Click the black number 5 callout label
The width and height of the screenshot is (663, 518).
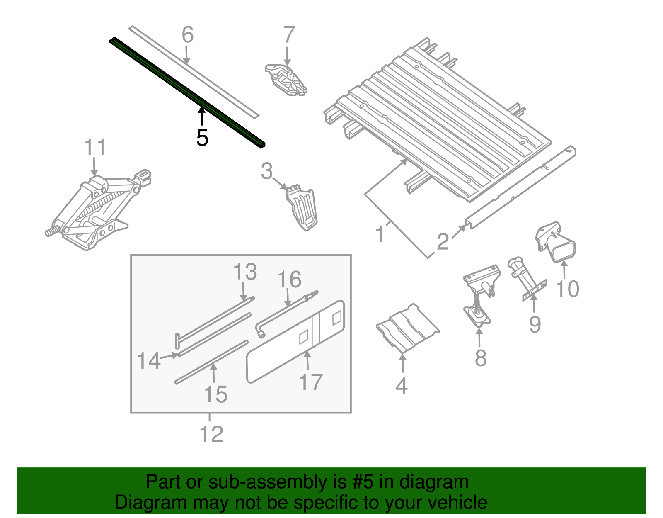202,138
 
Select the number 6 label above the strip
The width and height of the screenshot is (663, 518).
187,35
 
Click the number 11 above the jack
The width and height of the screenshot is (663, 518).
95,148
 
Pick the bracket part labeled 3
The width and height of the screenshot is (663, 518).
302,207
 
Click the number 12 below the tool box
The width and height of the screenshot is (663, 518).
211,434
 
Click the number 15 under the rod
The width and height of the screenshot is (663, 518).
215,394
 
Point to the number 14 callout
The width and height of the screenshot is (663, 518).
148,361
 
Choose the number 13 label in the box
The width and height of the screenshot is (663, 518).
245,272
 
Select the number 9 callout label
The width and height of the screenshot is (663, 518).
535,324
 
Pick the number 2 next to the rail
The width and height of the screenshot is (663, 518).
443,241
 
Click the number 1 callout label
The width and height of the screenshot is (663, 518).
380,235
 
